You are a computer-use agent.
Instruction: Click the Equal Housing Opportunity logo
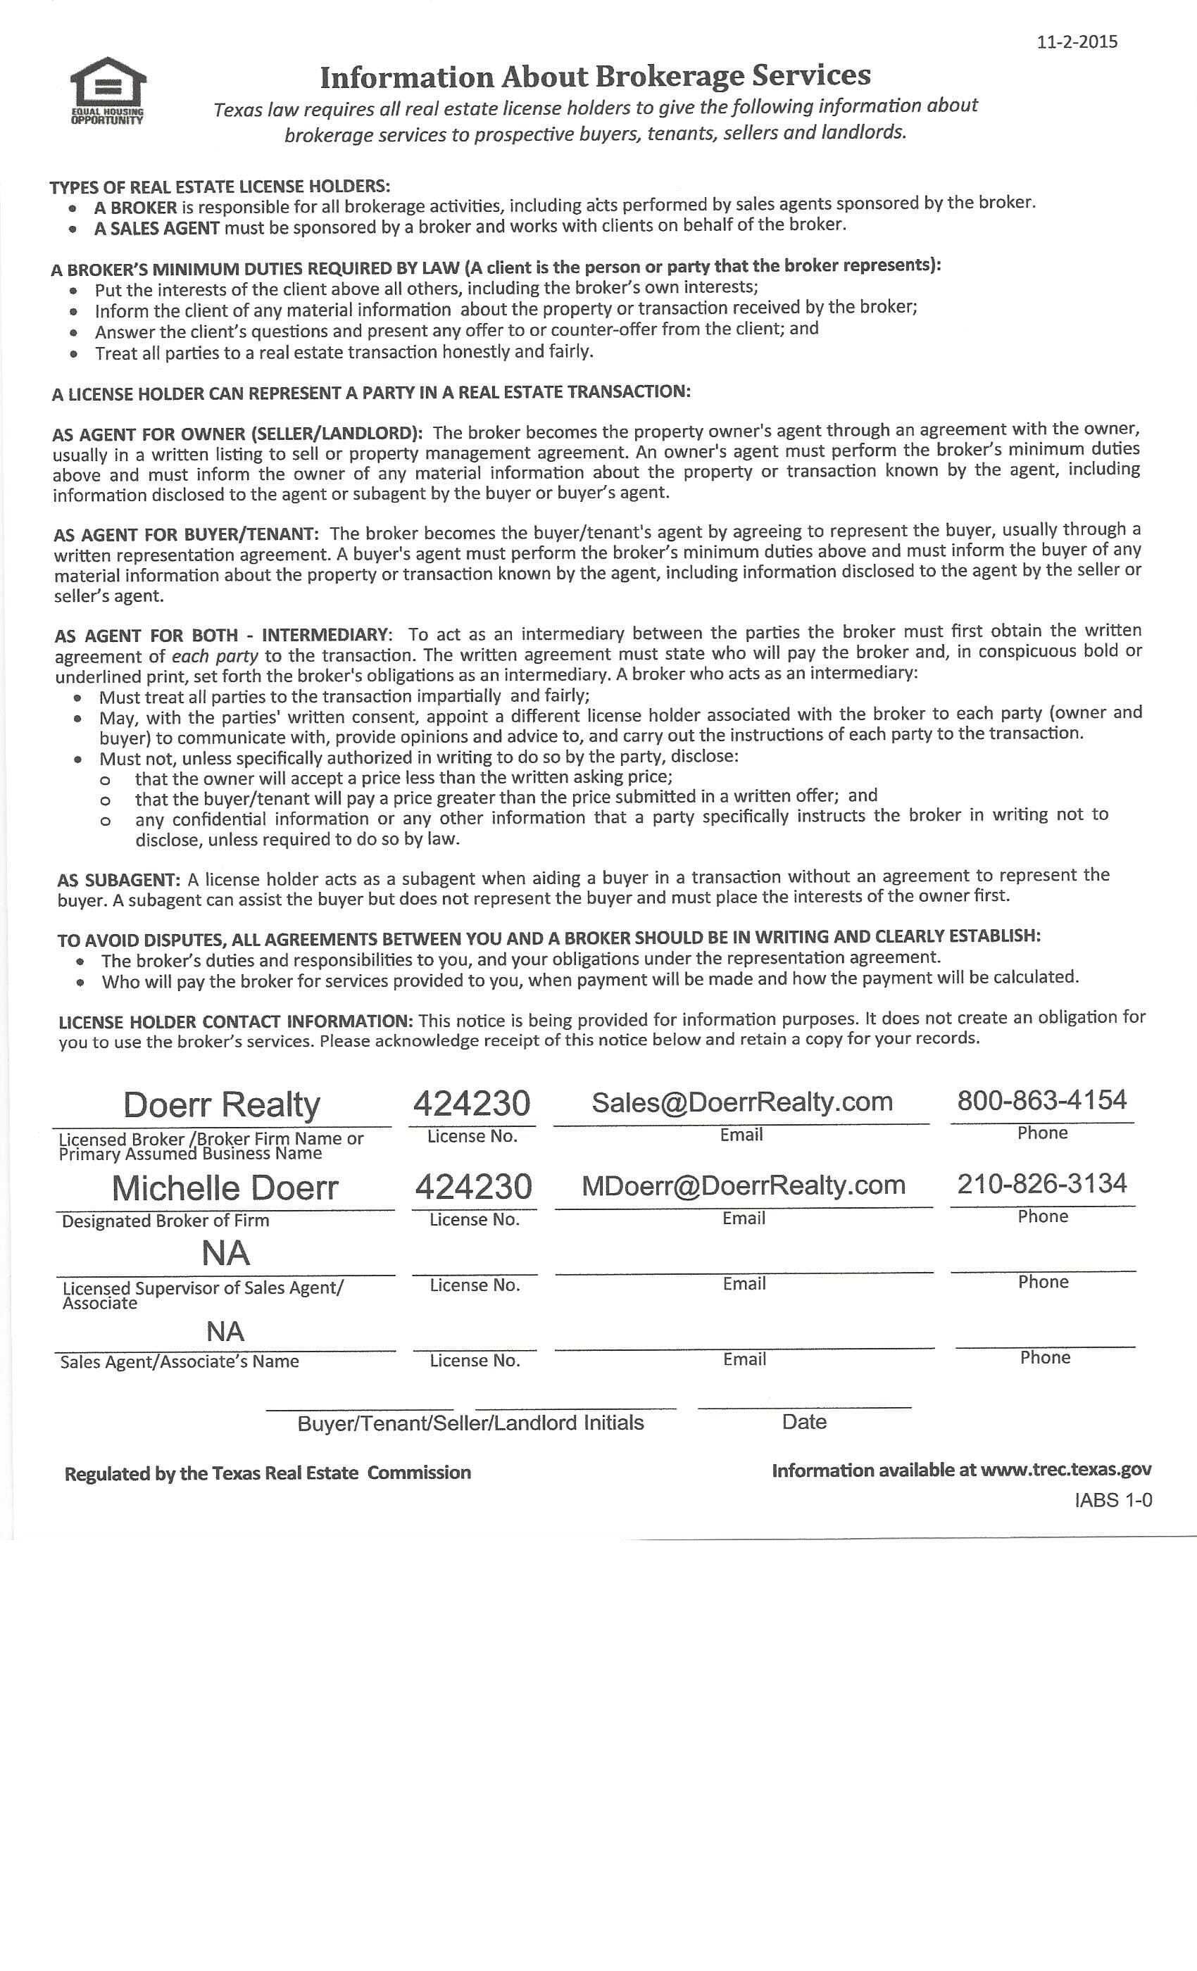click(107, 90)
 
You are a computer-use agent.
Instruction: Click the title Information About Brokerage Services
click(594, 77)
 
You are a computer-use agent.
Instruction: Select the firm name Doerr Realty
click(222, 1104)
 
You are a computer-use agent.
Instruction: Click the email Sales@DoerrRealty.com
click(741, 1102)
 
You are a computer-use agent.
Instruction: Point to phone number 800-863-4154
click(1042, 1100)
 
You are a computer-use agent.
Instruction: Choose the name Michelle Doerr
click(225, 1188)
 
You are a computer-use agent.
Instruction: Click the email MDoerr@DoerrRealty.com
click(744, 1185)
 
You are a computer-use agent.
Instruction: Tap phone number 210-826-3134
click(1042, 1183)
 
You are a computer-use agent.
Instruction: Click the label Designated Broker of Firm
click(165, 1221)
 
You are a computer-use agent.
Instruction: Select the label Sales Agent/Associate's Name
click(180, 1361)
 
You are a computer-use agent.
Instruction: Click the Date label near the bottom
click(804, 1421)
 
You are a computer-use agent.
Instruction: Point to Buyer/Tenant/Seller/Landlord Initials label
click(470, 1423)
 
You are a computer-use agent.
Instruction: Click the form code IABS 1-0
click(1113, 1500)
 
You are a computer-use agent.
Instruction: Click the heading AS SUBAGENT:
click(118, 881)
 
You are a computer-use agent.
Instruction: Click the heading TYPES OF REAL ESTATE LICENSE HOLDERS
click(220, 187)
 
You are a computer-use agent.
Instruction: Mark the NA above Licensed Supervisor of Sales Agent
click(225, 1254)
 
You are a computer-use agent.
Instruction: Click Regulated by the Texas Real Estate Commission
click(268, 1473)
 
